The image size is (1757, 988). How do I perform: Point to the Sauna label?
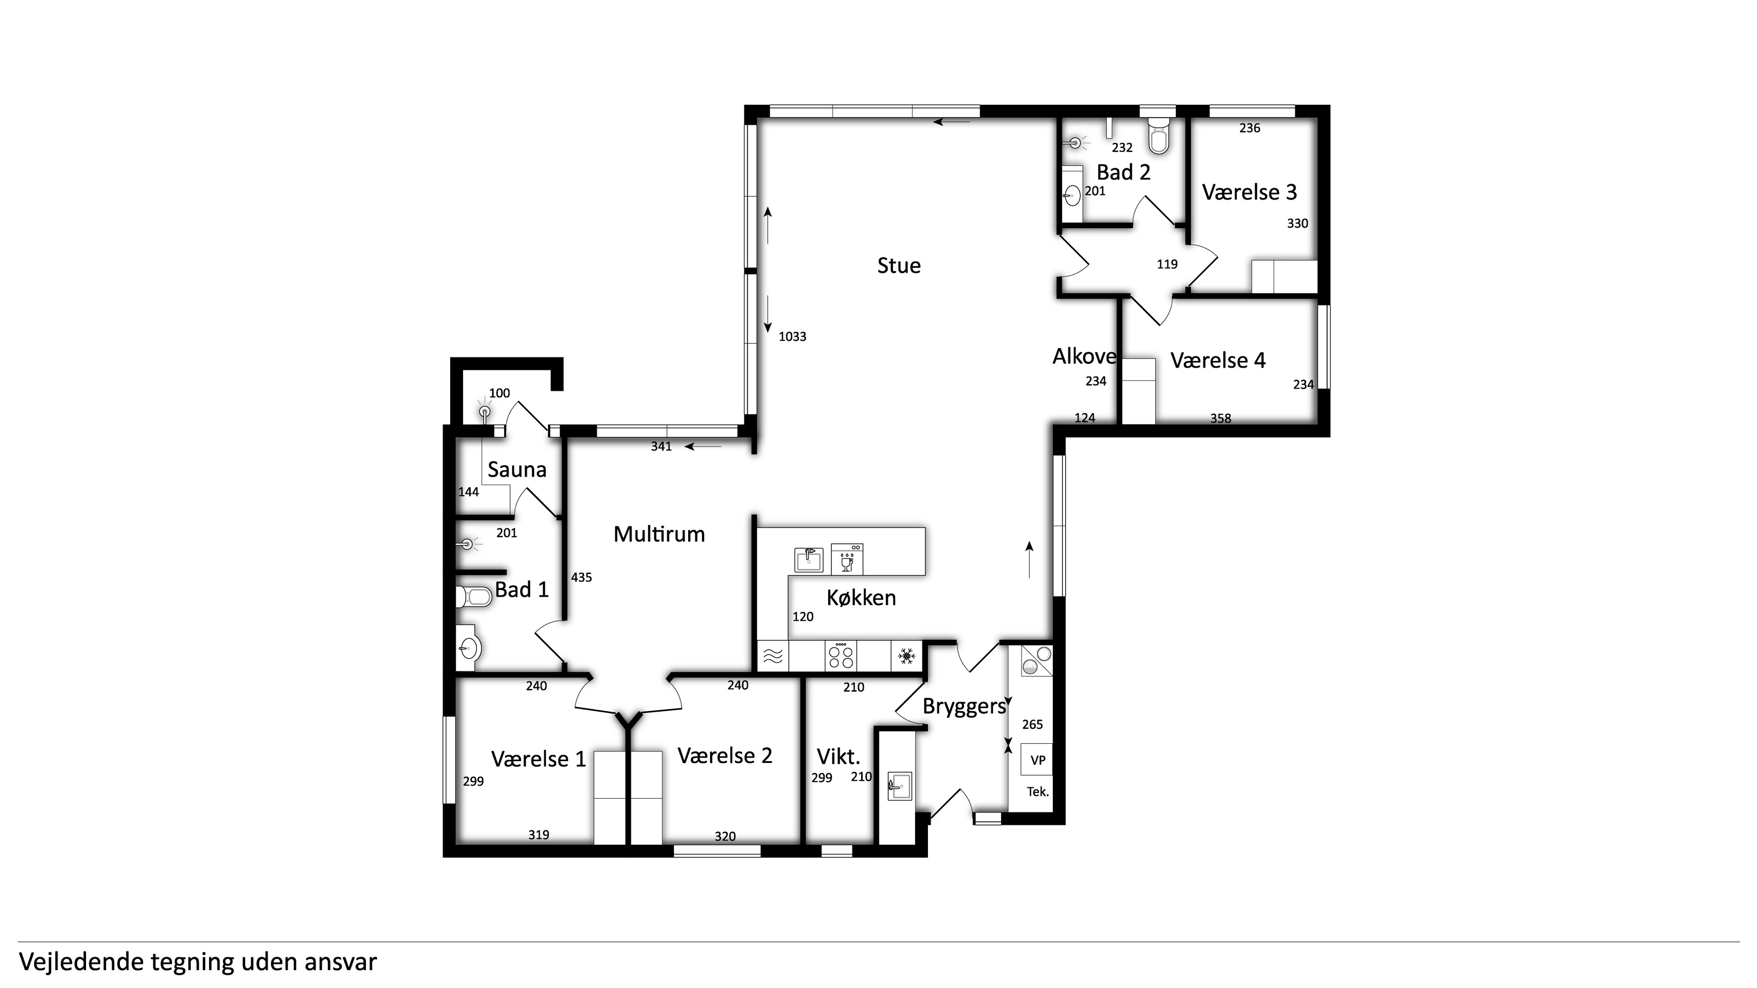517,470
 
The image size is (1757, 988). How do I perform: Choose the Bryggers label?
965,706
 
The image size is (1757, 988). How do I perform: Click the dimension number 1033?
792,337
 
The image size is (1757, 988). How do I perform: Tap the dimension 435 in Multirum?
581,578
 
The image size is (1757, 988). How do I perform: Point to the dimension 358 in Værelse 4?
1220,419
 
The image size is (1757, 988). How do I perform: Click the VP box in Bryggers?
1037,760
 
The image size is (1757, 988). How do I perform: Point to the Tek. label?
1037,792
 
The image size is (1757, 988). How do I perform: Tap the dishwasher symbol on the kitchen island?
846,559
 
